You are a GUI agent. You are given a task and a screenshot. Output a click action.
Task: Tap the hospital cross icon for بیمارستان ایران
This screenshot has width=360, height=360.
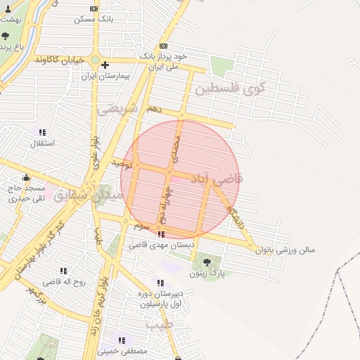click(104, 65)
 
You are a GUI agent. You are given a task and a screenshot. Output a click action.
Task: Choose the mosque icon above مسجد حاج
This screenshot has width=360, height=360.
click(27, 177)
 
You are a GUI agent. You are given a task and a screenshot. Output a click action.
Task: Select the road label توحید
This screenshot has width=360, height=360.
click(121, 163)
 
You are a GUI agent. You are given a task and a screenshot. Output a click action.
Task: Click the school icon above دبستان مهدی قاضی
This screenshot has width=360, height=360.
click(162, 234)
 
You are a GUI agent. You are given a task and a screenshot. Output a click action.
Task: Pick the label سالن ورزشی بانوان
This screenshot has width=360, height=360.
click(285, 249)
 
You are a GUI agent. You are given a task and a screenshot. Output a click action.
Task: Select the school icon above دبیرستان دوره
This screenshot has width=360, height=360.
click(160, 283)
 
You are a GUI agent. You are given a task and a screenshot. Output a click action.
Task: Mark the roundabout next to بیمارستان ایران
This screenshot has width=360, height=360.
click(95, 59)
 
